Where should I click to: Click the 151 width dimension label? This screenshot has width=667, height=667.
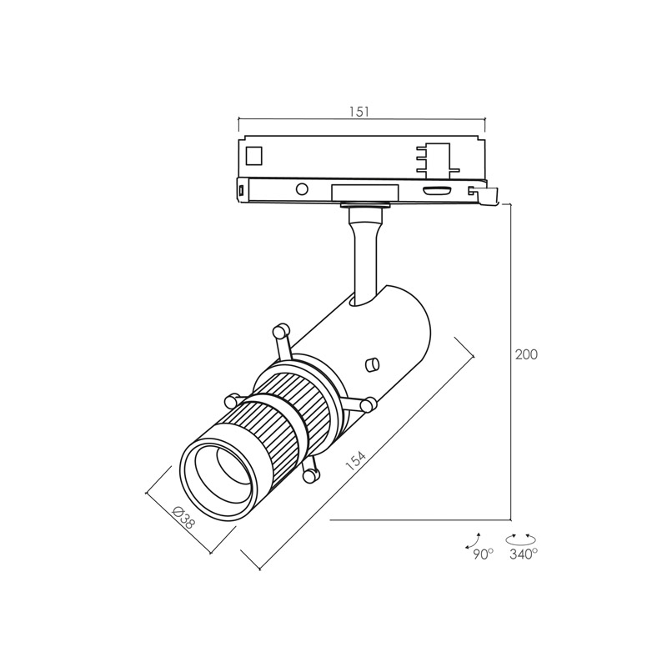click(359, 112)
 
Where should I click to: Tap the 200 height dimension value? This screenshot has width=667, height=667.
click(526, 354)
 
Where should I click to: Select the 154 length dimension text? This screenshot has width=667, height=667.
click(355, 461)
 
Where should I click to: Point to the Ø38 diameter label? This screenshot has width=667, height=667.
click(183, 518)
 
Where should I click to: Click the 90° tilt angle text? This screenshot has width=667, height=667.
click(484, 554)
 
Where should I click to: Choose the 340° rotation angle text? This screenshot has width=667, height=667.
click(524, 554)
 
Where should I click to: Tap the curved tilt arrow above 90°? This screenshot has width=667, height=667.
click(473, 540)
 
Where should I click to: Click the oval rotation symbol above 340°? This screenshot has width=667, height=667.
click(520, 539)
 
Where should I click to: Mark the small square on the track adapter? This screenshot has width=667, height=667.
click(254, 155)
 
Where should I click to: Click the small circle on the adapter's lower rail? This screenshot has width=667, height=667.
click(302, 188)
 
